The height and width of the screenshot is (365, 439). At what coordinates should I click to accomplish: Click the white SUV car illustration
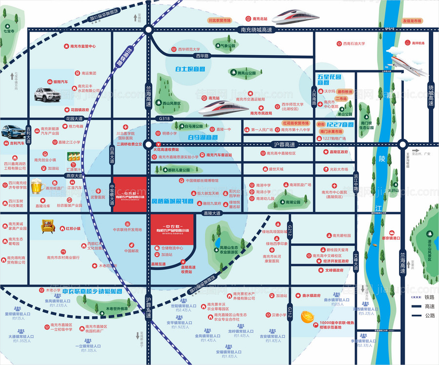pyautogui.click(x=47, y=94)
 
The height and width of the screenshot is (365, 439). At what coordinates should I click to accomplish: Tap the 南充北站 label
pyautogui.click(x=260, y=19)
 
